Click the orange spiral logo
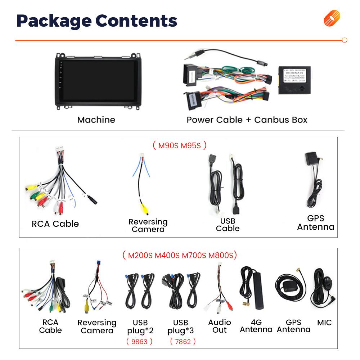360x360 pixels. (x=332, y=18)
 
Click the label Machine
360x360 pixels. (x=96, y=120)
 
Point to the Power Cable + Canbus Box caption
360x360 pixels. (x=247, y=120)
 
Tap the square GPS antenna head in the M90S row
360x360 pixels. (x=311, y=159)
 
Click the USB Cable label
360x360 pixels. (x=228, y=224)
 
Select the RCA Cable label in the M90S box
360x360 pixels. (x=55, y=224)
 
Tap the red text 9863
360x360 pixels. (x=139, y=341)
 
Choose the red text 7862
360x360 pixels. (x=183, y=341)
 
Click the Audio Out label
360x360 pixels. (x=220, y=326)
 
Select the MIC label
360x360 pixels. (x=324, y=322)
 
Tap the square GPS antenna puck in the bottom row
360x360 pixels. (x=289, y=287)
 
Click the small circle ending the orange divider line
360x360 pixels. (x=345, y=40)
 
